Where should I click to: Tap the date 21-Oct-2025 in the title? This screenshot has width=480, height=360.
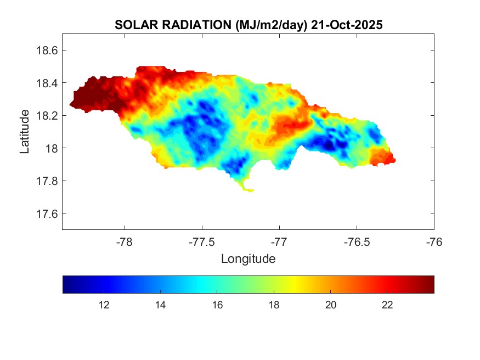[347, 25]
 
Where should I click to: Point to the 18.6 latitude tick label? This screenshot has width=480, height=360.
[47, 50]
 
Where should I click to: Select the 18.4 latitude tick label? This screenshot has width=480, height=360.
[47, 83]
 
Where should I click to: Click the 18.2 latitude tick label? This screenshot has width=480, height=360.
[47, 116]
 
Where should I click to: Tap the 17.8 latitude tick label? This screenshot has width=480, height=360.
[47, 181]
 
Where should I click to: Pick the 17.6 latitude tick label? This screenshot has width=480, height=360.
[47, 213]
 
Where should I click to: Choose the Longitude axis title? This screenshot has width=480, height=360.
[248, 258]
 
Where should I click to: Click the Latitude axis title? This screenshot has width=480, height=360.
[25, 132]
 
